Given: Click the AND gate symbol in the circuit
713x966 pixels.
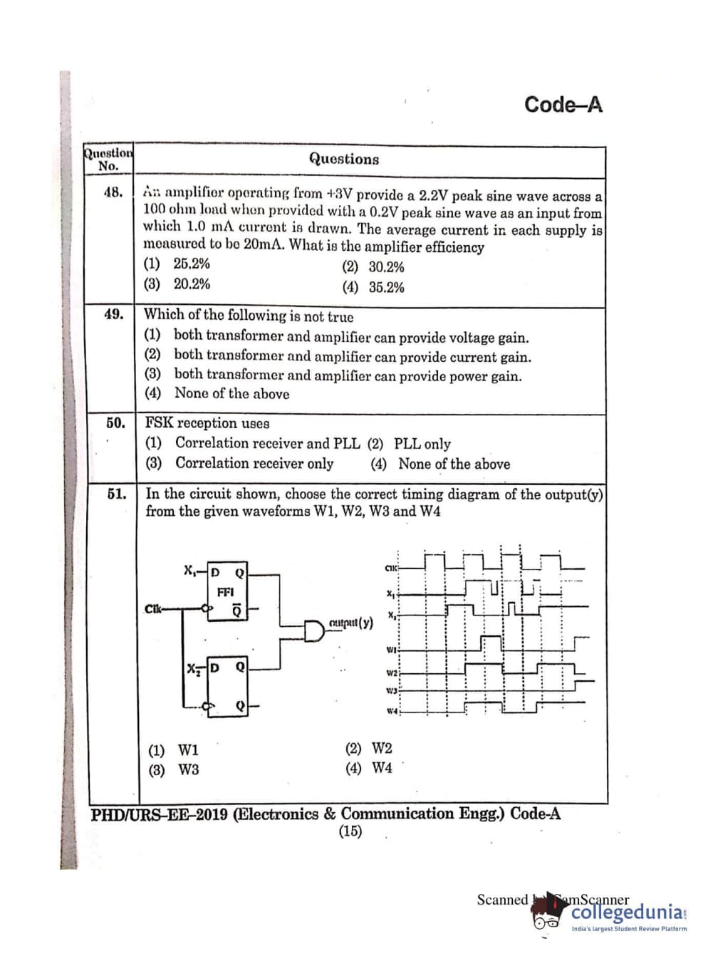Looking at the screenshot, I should click(314, 630).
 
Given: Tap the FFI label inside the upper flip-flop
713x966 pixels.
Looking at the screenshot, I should click(225, 592).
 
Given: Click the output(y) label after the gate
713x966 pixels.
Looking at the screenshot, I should click(350, 623).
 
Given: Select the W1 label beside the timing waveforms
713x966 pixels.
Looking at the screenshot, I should click(391, 649).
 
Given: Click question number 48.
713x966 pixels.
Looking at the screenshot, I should click(113, 192).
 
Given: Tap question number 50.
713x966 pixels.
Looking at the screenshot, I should click(115, 422).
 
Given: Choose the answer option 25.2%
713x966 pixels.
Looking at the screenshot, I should click(192, 264).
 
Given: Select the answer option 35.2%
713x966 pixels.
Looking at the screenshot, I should click(386, 287).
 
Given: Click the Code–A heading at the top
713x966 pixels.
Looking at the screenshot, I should click(563, 105).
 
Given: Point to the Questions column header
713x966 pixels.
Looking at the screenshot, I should click(343, 159).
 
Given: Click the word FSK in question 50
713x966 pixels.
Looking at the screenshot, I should click(159, 422).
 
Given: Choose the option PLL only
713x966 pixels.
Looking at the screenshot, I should click(422, 444).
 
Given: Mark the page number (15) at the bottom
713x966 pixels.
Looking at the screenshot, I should click(350, 831).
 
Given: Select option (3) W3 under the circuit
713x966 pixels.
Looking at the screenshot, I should click(174, 769).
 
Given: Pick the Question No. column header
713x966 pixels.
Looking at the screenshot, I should click(108, 160).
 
